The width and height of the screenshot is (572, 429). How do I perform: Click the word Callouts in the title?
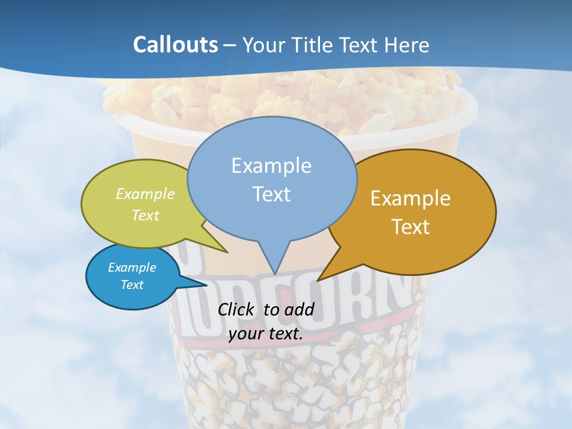pyautogui.click(x=175, y=45)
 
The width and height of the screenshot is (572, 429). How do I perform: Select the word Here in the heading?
pyautogui.click(x=406, y=45)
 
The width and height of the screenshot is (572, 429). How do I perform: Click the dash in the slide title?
pyautogui.click(x=230, y=45)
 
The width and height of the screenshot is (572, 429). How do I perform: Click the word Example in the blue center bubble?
pyautogui.click(x=271, y=166)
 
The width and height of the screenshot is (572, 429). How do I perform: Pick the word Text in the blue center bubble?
pyautogui.click(x=271, y=194)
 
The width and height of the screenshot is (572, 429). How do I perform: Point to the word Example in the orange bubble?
pyautogui.click(x=411, y=198)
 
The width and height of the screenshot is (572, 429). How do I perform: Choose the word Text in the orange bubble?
pyautogui.click(x=411, y=227)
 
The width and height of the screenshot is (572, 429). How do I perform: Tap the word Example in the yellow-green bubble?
pyautogui.click(x=145, y=194)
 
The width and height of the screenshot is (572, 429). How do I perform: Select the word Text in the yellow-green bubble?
pyautogui.click(x=145, y=215)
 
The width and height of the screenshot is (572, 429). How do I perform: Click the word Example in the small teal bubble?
pyautogui.click(x=132, y=268)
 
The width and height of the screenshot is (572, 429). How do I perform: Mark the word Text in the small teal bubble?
pyautogui.click(x=132, y=285)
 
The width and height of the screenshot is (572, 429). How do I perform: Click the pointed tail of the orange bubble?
pyautogui.click(x=320, y=279)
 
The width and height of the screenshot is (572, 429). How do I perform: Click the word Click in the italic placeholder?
pyautogui.click(x=237, y=309)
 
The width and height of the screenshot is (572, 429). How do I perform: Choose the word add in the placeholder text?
pyautogui.click(x=299, y=309)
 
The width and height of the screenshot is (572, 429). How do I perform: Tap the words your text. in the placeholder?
pyautogui.click(x=266, y=334)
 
